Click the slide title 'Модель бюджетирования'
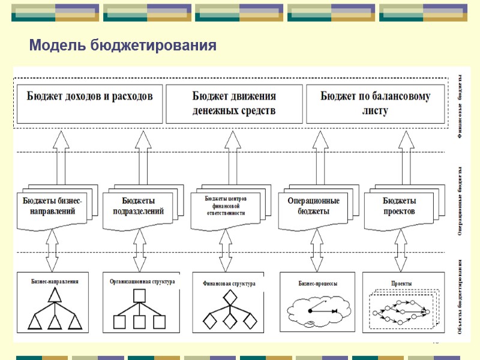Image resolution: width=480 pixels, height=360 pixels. coord(122,46)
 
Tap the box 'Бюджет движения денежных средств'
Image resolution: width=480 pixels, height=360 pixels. coord(234,103)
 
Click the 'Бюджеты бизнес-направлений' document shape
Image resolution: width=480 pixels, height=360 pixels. coord(53,206)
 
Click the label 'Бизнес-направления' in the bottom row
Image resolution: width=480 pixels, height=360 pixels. coord(55,281)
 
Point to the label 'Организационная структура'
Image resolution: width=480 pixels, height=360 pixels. coord(142,281)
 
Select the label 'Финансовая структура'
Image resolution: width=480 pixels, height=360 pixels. coord(229,283)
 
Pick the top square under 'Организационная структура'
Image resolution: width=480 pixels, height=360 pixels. coord(140,295)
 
